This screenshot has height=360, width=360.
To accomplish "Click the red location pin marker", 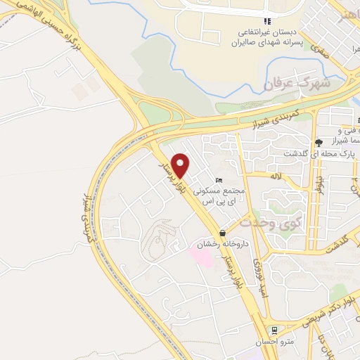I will [x=181, y=165].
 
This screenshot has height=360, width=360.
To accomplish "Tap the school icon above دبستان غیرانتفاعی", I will [x=266, y=22].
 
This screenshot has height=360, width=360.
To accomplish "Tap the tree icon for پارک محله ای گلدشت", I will [x=319, y=143].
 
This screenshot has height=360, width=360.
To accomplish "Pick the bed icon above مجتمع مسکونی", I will [x=219, y=180].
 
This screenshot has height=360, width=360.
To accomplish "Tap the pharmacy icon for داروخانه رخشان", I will [x=223, y=233].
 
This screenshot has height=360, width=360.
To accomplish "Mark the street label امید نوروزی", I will [x=258, y=274].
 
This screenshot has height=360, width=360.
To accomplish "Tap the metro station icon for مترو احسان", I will [x=274, y=330].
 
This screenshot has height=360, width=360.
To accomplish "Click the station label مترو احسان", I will [x=274, y=342].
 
